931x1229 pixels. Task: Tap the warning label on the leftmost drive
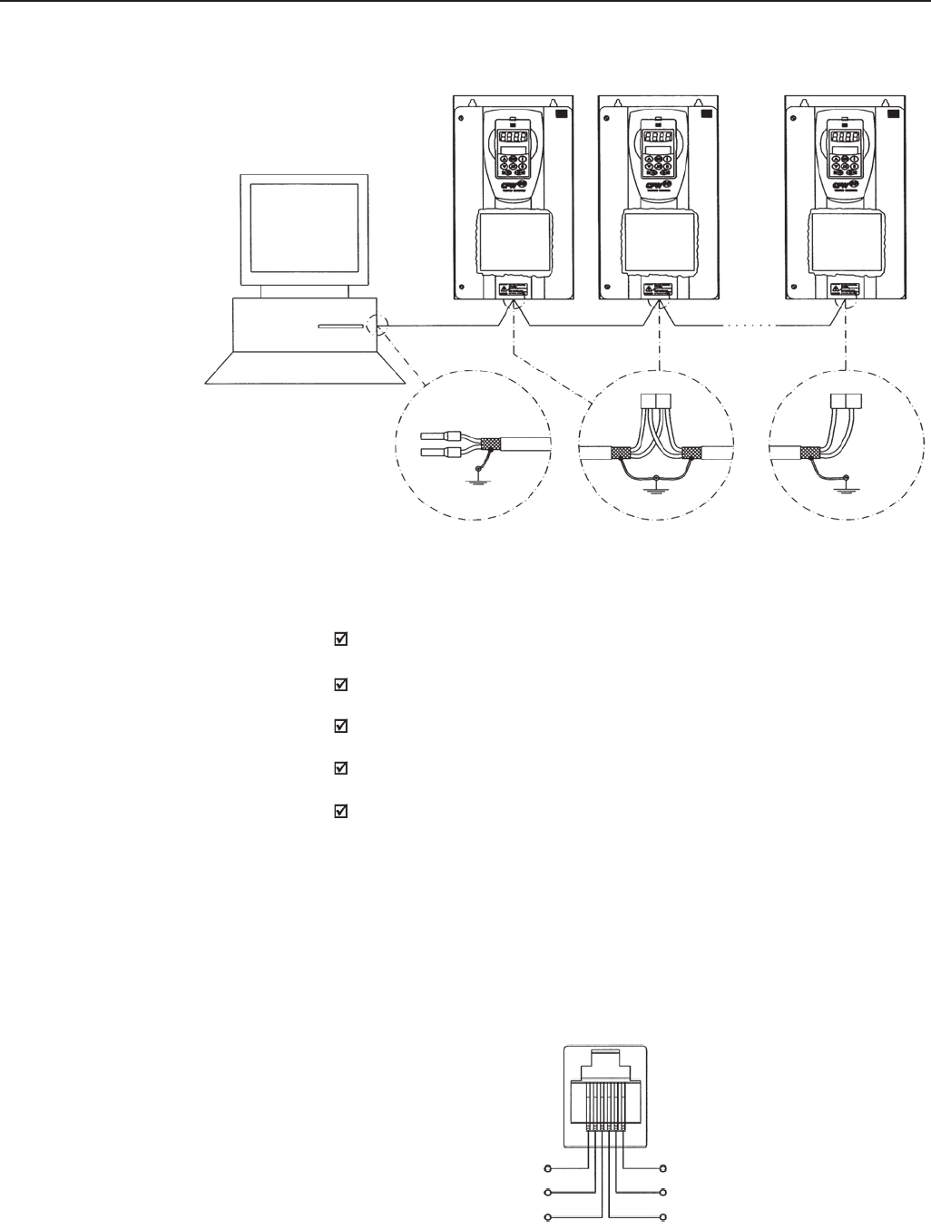(512, 291)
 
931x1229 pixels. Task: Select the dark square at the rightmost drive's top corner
(893, 114)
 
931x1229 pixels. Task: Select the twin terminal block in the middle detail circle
(656, 399)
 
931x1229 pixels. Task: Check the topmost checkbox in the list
(342, 639)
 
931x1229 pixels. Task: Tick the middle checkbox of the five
(342, 727)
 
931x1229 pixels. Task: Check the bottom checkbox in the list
(342, 812)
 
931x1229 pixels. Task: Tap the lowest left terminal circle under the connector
(547, 1216)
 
